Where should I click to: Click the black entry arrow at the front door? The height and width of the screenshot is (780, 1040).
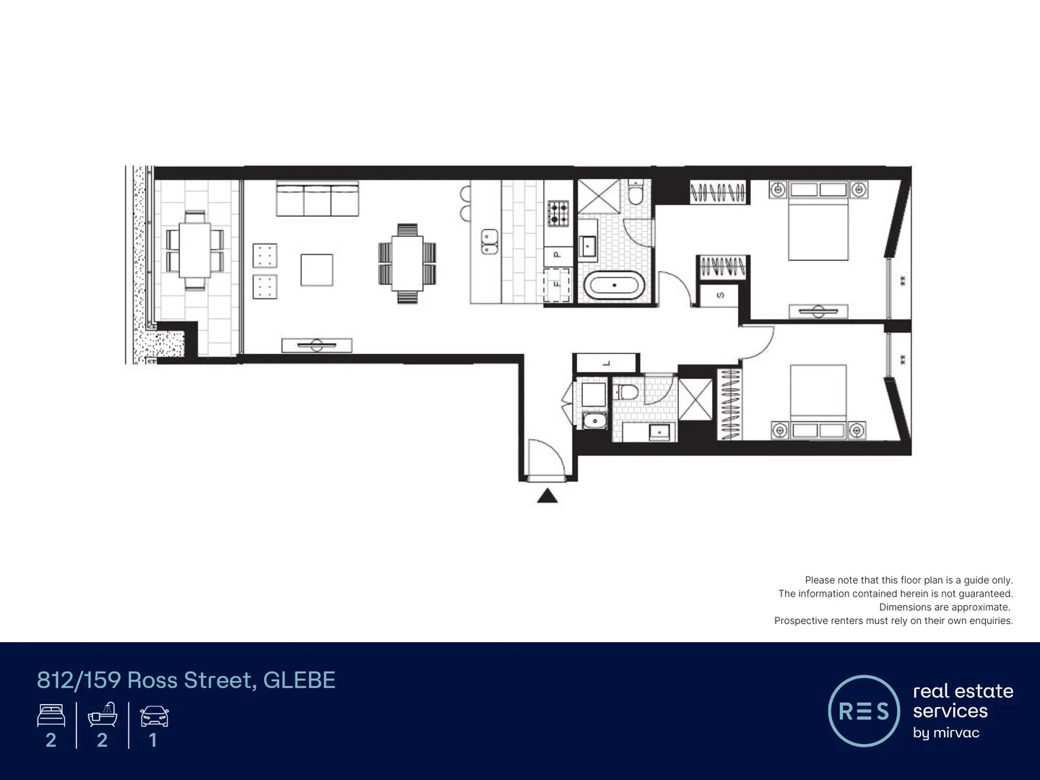point(547,495)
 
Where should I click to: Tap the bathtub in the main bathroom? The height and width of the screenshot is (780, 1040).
point(614,285)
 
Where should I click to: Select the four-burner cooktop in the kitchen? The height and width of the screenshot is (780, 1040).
point(558,212)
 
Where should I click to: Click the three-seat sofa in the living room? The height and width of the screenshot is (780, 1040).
point(317,199)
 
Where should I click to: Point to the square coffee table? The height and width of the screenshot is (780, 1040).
point(316,269)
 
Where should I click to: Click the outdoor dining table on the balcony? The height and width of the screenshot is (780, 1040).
point(195,249)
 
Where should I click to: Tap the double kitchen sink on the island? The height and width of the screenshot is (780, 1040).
point(490,241)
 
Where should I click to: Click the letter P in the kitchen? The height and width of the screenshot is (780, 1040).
point(557,254)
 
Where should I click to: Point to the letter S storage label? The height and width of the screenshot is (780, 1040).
point(720,295)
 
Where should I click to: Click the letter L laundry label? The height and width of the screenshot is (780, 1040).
point(606,363)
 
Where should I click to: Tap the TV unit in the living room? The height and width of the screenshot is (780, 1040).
point(316,345)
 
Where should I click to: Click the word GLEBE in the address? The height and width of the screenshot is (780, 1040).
point(299,680)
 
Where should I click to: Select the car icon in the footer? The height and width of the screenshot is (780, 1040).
point(154,716)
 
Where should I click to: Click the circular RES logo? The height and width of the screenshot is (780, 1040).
point(864,711)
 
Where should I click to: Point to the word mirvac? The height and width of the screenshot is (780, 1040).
point(955,732)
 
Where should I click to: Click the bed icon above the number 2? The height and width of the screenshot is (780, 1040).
point(51,716)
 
